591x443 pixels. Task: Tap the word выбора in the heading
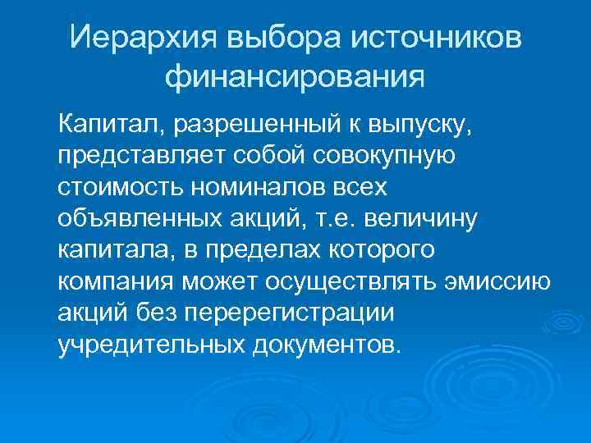click(x=265, y=39)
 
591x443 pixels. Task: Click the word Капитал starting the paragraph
click(x=108, y=126)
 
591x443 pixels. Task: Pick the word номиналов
click(x=259, y=188)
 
